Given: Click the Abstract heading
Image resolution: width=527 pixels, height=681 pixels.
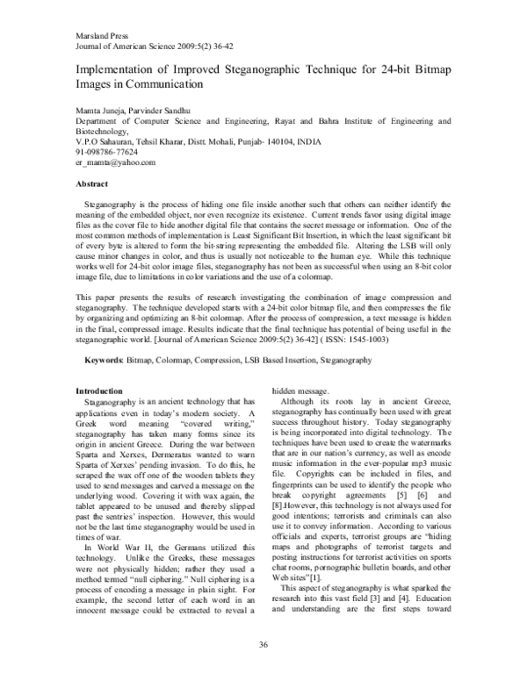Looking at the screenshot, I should coord(92,184).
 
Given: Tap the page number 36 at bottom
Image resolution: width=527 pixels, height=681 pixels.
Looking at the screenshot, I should coord(263,646).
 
